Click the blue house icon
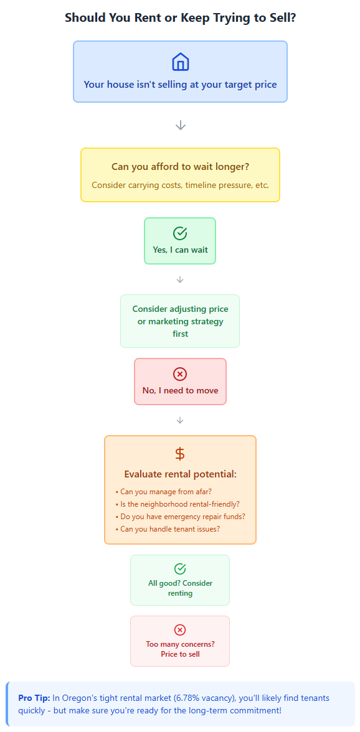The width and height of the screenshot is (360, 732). pos(180,62)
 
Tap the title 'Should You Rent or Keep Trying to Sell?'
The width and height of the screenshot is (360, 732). pos(180,17)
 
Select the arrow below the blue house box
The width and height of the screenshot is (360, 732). pos(180,125)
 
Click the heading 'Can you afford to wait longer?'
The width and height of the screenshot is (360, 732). pos(180,167)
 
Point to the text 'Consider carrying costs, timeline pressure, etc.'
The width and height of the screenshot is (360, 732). pos(180,185)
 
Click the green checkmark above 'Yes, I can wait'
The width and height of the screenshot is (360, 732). pos(180,233)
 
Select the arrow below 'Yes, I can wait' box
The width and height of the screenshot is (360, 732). pos(180,279)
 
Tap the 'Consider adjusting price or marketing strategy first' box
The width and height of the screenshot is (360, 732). pos(180,321)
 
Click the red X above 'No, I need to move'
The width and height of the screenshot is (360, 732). pos(180,374)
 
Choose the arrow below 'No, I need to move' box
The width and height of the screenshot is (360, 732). pos(180,421)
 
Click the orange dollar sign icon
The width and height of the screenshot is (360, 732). pos(180,454)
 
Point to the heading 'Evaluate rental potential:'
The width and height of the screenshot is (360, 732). pos(180,474)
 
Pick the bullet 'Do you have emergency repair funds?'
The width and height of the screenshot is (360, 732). pos(180,517)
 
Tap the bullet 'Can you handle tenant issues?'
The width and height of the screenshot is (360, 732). pos(167,529)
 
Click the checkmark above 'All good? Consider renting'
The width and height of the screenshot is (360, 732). pos(180,569)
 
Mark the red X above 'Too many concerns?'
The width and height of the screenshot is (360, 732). pos(180,630)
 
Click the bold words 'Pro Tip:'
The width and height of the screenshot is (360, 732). pos(34,698)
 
